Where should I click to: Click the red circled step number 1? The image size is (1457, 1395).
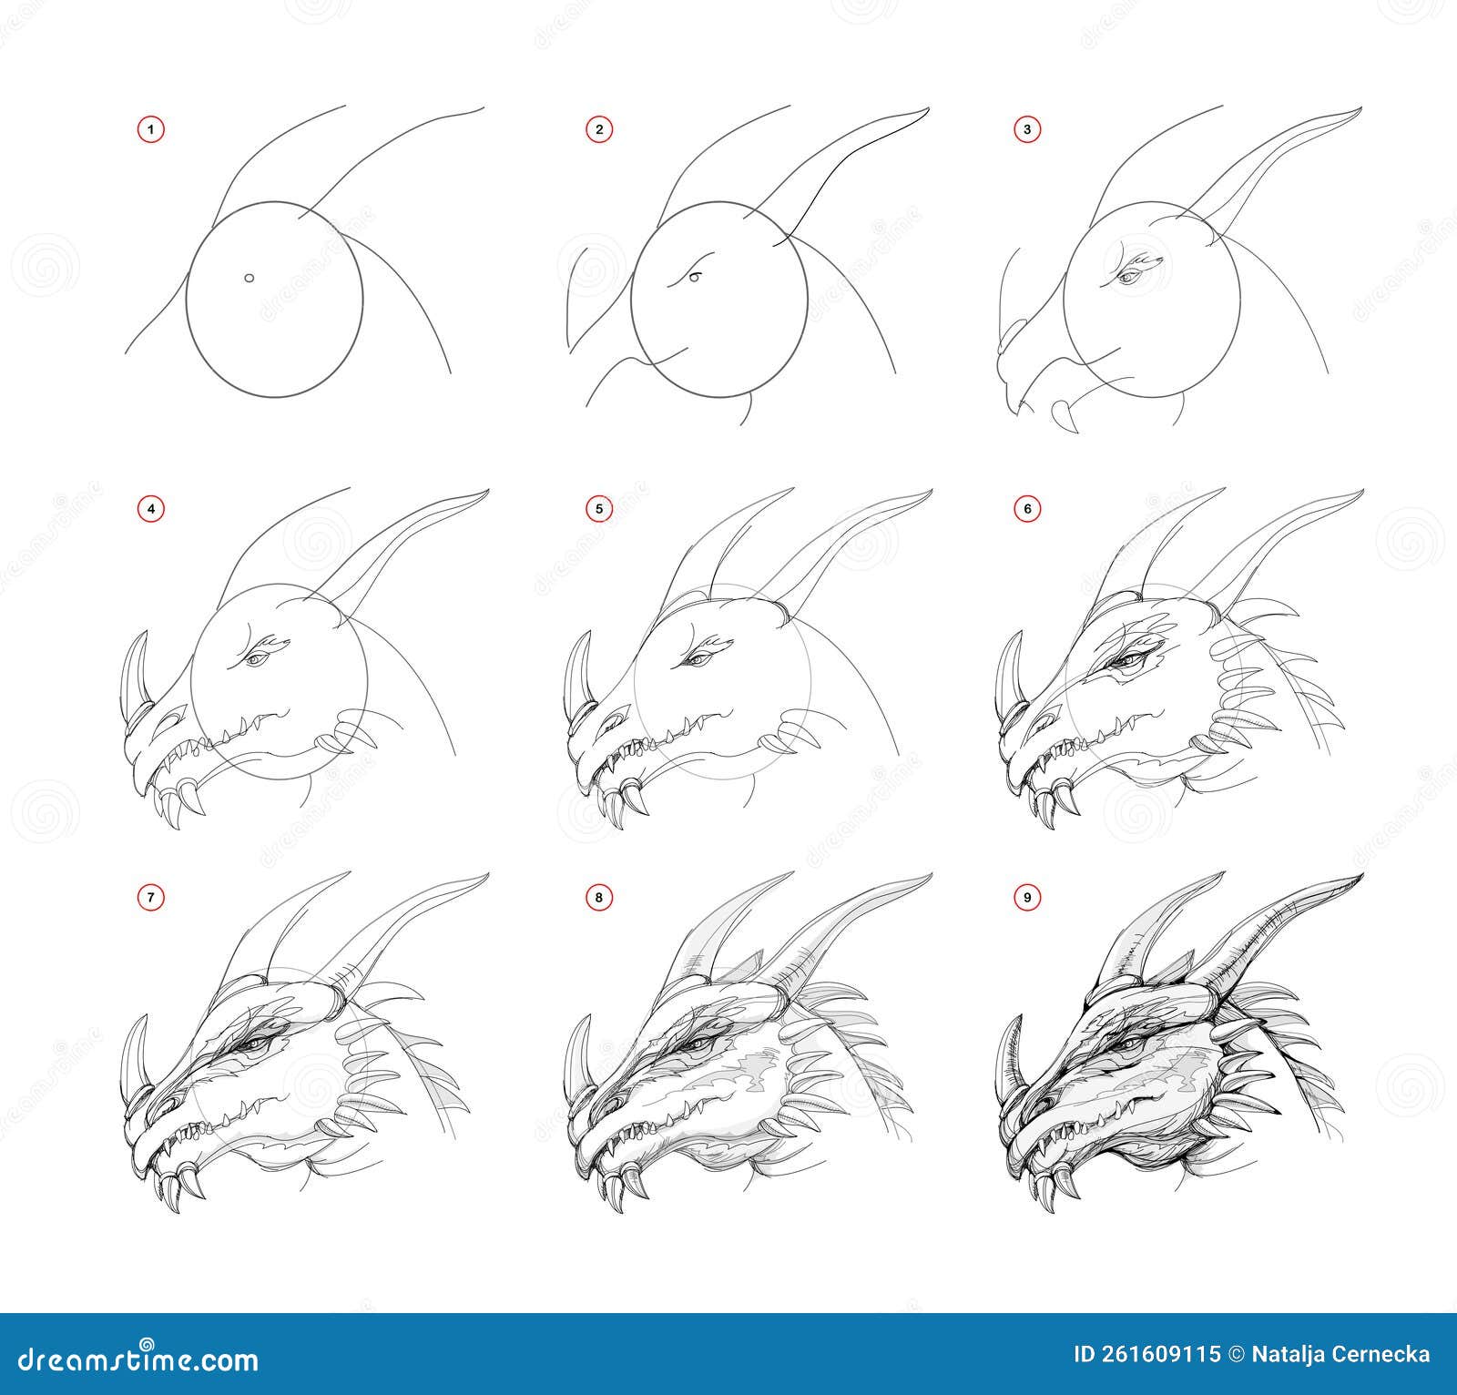152,130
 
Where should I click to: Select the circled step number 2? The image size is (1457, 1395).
598,130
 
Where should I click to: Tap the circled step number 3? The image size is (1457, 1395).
1027,130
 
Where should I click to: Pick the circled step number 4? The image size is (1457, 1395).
152,509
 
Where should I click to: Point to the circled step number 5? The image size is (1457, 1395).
598,509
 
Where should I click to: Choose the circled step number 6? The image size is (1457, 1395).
1027,509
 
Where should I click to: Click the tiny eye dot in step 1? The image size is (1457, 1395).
249,279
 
